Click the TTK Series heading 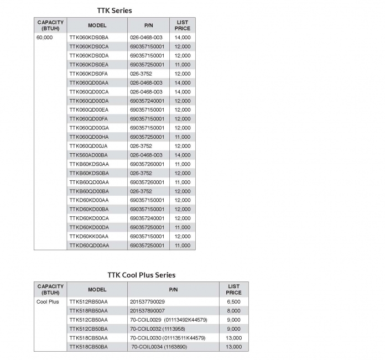[x=115, y=11]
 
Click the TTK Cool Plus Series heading [x=141, y=275]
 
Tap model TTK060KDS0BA [x=89, y=38]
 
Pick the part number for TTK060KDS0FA [x=141, y=74]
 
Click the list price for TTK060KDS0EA [x=182, y=65]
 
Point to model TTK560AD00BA [x=89, y=155]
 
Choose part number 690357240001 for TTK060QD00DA [x=147, y=101]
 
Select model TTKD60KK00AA [x=89, y=236]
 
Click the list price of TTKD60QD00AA [x=182, y=245]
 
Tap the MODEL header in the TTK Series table [x=97, y=25]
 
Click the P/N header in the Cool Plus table [x=173, y=289]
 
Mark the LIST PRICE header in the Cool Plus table [x=233, y=289]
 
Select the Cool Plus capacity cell [x=48, y=302]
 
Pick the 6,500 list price [x=233, y=302]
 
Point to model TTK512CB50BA [x=89, y=328]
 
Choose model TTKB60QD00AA [x=89, y=182]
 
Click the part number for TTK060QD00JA [x=141, y=146]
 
